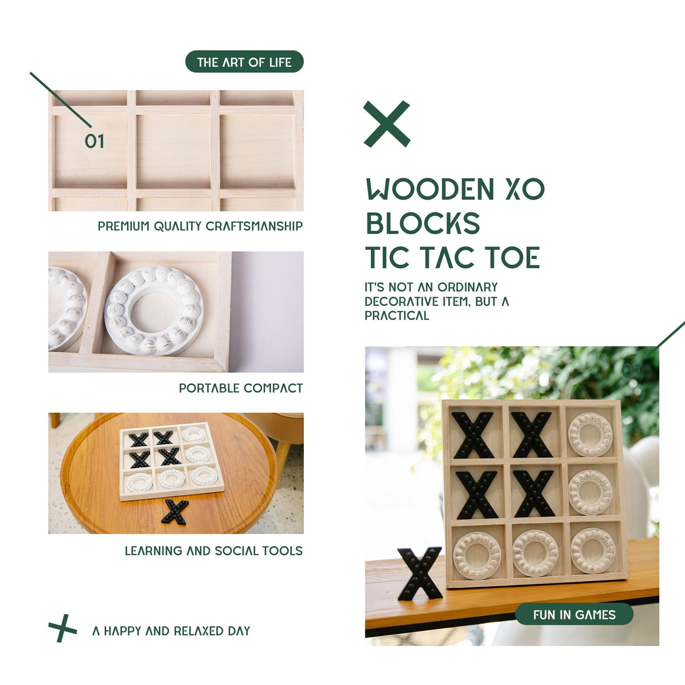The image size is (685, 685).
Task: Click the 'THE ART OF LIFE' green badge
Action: tap(244, 62)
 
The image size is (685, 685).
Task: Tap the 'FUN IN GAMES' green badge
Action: tap(574, 614)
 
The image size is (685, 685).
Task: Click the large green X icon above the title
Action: tap(387, 124)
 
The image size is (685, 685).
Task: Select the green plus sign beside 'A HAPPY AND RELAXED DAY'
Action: tap(63, 629)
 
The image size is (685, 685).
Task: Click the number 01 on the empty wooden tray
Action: tap(94, 141)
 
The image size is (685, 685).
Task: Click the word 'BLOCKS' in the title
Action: tap(423, 224)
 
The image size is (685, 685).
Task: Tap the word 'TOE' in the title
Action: tap(512, 258)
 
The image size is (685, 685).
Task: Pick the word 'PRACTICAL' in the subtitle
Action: tap(397, 316)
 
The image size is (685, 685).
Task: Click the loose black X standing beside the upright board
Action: tap(420, 573)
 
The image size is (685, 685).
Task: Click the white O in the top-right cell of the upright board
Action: tap(590, 434)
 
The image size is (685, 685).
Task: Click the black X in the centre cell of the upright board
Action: tap(533, 493)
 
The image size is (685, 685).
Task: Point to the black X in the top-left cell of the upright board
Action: tap(473, 435)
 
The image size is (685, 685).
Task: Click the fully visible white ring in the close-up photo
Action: tap(154, 311)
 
